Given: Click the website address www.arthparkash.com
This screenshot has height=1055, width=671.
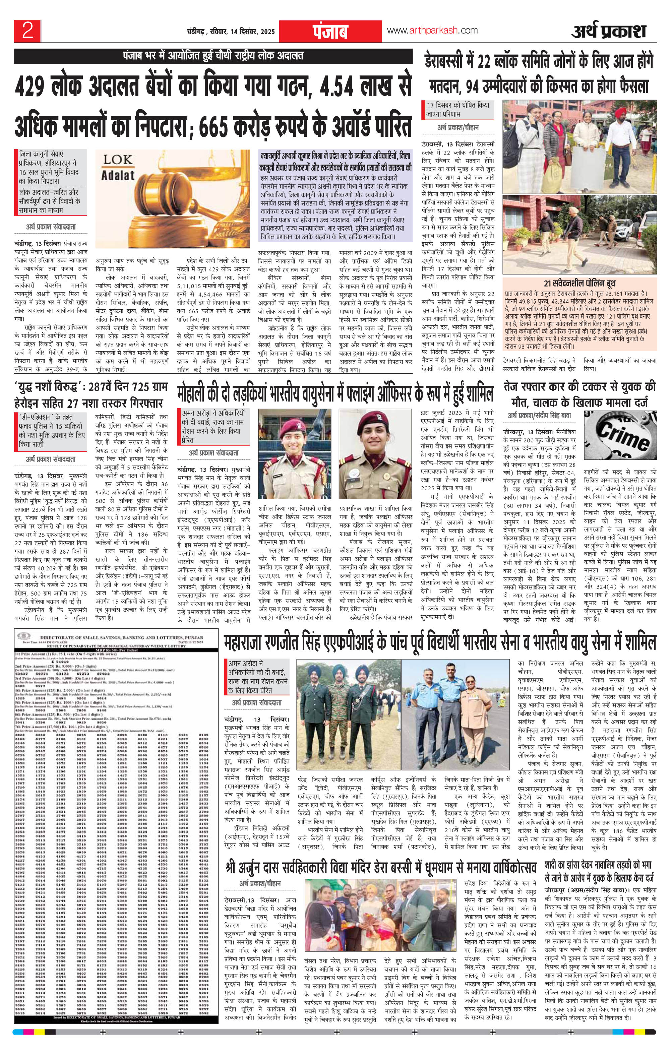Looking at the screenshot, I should click(x=432, y=31).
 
